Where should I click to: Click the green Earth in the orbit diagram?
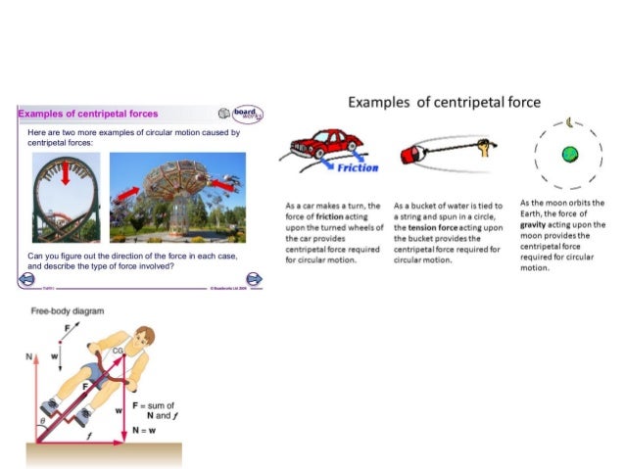pyautogui.click(x=568, y=154)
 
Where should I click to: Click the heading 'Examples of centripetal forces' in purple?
pyautogui.click(x=88, y=115)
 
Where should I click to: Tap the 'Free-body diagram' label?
pyautogui.click(x=68, y=311)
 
